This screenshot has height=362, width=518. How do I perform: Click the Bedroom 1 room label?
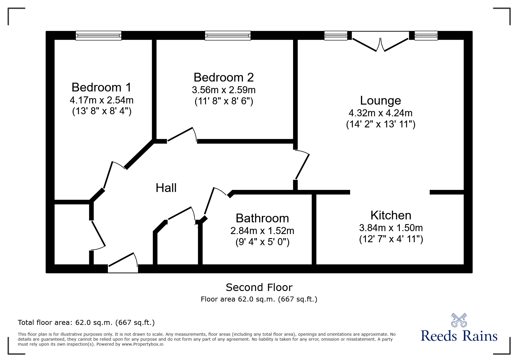coord(101,87)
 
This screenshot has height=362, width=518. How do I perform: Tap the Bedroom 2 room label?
coord(223,77)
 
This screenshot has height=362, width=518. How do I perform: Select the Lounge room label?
coord(380,101)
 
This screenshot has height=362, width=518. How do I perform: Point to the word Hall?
coord(166,188)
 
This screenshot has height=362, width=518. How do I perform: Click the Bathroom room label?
coord(262,218)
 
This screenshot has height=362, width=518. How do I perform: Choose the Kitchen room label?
coord(391,215)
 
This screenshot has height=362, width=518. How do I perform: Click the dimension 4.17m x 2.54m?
coord(101,100)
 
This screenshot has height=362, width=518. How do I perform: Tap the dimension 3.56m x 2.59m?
coord(223,90)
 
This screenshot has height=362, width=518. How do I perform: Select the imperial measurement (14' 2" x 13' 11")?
coord(381,124)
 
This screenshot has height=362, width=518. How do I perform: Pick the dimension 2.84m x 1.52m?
coord(262,231)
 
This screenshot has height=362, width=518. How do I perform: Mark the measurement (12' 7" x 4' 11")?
coord(391,239)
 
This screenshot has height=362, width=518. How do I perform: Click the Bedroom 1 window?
coord(99,36)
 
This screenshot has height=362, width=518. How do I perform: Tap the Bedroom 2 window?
coord(228,36)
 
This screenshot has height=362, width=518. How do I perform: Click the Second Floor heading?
coord(259,287)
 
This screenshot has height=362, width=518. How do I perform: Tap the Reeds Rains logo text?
coord(459,336)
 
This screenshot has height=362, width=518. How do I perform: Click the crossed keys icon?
coord(459,320)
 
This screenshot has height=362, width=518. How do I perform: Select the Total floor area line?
coord(86,323)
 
